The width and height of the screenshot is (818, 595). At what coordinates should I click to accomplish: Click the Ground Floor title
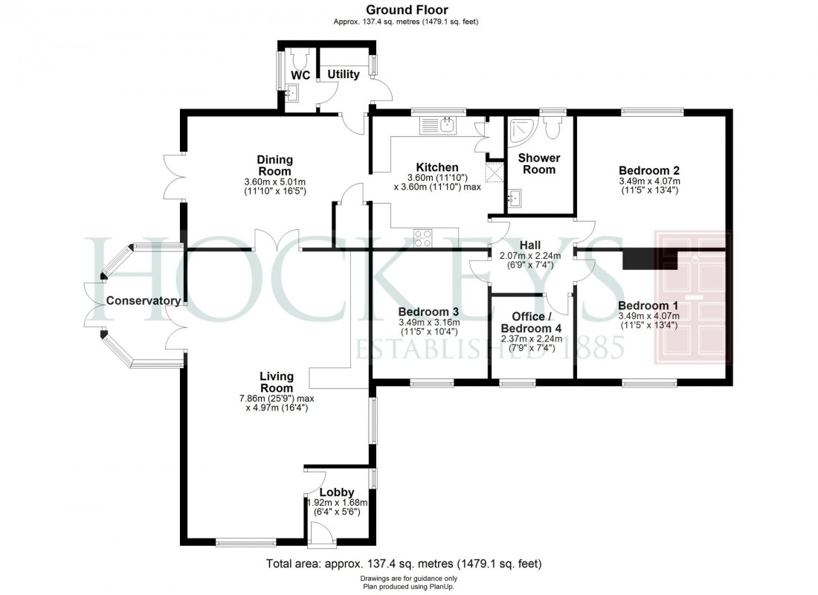point(406,10)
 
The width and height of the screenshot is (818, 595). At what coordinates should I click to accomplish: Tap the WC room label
point(300,76)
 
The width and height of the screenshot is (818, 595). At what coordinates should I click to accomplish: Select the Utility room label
point(344,74)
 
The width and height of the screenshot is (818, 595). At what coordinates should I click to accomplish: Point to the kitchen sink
point(447,124)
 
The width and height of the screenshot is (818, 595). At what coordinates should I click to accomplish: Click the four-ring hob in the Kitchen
point(423,238)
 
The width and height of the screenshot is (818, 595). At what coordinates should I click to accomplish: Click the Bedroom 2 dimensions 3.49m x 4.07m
point(649,181)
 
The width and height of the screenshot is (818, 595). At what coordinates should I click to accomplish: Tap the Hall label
point(530,245)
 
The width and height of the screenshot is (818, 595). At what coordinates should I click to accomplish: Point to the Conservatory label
point(143,301)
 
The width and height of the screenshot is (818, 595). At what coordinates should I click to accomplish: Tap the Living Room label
point(276,382)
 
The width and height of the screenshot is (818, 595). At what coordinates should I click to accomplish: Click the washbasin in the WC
point(292,94)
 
